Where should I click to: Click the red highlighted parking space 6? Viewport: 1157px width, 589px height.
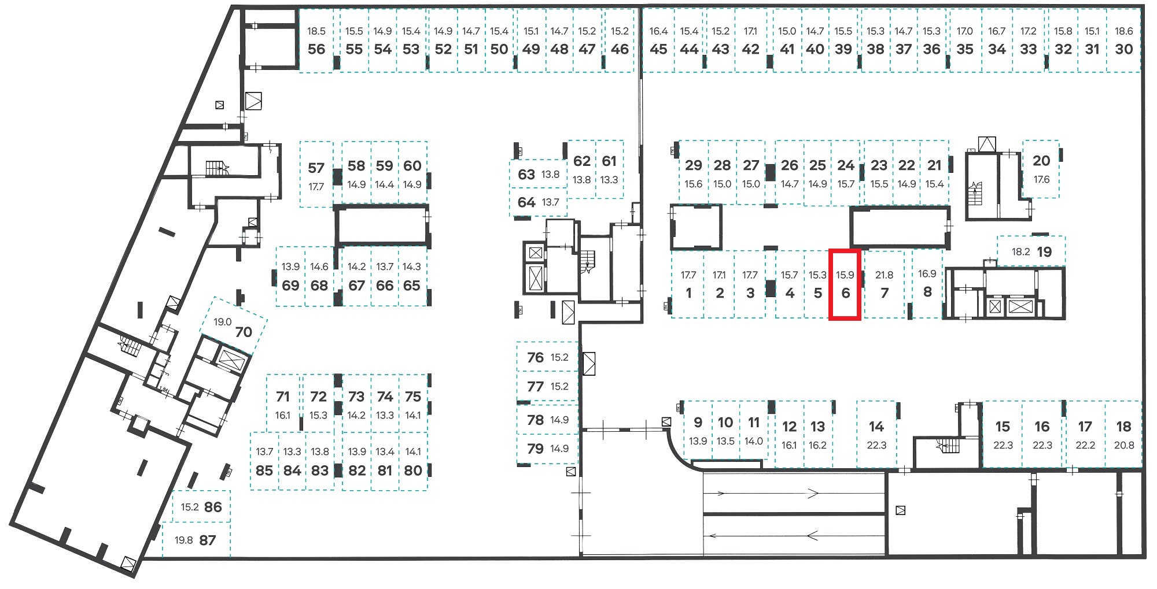tap(845, 284)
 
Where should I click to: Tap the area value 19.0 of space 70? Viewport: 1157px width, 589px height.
tap(223, 322)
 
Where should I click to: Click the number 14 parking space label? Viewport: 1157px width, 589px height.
tap(876, 427)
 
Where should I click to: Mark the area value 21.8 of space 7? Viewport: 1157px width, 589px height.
tap(884, 275)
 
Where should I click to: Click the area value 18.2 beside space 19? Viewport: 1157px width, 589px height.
tap(1020, 251)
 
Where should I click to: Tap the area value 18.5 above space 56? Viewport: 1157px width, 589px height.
tap(316, 31)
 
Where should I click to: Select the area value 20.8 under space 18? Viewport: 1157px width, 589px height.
tap(1123, 445)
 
